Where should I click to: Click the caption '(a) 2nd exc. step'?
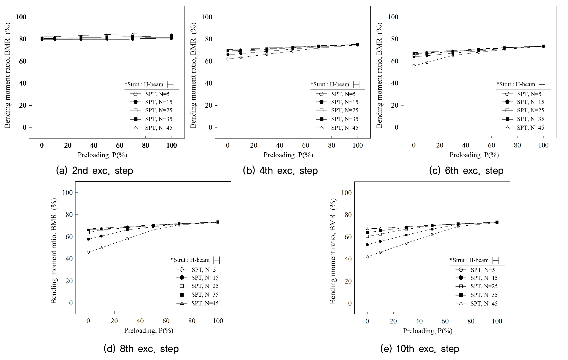point(94,171)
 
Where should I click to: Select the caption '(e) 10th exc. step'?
point(420,349)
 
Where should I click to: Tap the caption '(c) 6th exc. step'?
point(466,171)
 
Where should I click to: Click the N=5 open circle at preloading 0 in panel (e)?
point(367,257)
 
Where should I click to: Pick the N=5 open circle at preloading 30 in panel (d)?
point(127,239)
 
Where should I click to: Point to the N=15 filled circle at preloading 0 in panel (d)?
point(88,239)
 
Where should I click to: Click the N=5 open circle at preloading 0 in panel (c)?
point(414,66)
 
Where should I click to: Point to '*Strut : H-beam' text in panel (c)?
point(516,84)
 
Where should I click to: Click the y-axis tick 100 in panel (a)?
point(21,17)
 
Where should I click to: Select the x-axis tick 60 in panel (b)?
point(305,146)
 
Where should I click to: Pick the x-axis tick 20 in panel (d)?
point(114,321)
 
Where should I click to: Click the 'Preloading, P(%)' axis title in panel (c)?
point(474,155)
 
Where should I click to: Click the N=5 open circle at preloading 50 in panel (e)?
point(432,235)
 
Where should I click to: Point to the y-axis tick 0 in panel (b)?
point(210,128)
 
